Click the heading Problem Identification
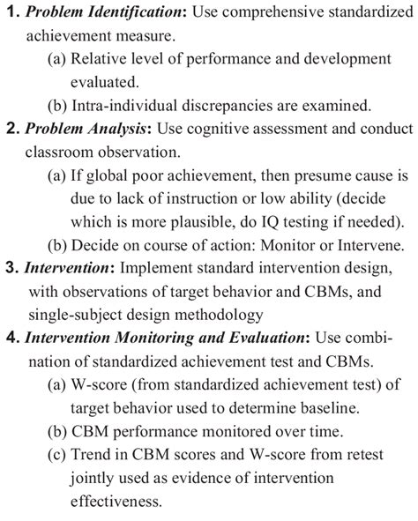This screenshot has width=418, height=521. [x=100, y=12]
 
